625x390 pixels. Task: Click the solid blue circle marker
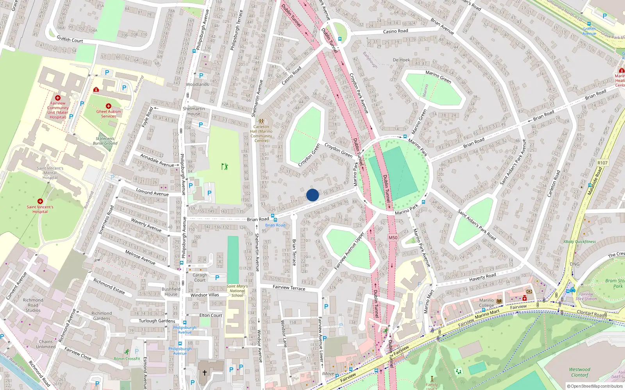point(312,195)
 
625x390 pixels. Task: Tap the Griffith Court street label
point(70,39)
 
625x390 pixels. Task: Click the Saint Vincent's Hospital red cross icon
point(40,201)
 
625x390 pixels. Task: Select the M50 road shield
point(393,238)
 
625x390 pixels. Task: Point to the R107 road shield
point(602,163)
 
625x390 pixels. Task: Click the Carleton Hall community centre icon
point(261,121)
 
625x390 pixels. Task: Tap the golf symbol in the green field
point(225,167)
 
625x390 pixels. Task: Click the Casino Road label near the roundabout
point(395,31)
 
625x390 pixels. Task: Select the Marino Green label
point(438,77)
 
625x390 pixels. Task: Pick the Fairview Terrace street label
point(289,287)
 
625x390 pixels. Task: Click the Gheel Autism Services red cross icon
point(109,106)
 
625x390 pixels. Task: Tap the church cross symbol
point(204,372)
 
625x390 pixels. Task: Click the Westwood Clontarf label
point(579,372)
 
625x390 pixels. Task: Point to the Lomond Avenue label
point(152,192)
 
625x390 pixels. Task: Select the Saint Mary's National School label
point(237,291)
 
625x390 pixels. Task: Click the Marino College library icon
point(499,301)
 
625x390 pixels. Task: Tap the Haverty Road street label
point(482,277)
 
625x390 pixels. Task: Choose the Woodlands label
point(197,84)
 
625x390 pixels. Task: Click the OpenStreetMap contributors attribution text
point(595,386)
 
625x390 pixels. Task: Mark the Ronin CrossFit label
point(127,358)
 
